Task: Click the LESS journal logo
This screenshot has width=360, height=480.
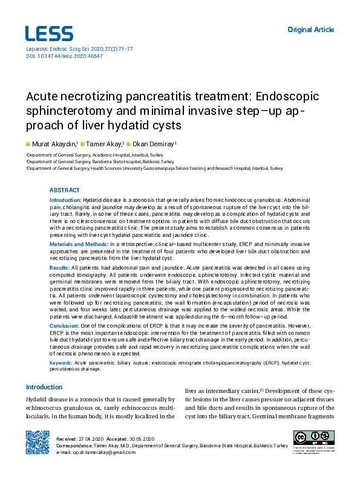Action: click(x=49, y=33)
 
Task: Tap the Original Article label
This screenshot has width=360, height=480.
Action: click(x=310, y=30)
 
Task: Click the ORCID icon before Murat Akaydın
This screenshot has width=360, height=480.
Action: click(x=28, y=144)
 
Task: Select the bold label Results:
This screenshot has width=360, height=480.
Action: click(x=59, y=267)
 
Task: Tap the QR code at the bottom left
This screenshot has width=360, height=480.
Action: click(x=37, y=442)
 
